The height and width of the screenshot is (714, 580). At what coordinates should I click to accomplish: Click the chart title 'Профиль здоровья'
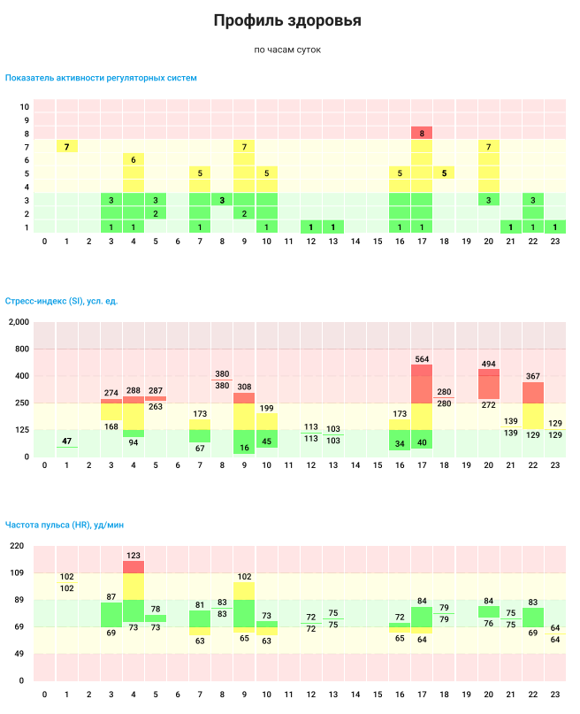pos(287,20)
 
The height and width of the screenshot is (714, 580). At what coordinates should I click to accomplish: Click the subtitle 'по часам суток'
pos(287,50)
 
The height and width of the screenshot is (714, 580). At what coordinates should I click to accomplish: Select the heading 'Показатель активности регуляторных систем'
pos(101,78)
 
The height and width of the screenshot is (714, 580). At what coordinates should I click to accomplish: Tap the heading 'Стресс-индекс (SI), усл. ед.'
pos(62,301)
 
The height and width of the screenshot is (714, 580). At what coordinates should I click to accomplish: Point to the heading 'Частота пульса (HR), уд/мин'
pos(65,525)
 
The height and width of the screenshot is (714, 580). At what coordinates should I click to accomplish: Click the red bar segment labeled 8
pos(422,133)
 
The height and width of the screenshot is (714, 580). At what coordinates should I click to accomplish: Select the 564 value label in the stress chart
pos(422,358)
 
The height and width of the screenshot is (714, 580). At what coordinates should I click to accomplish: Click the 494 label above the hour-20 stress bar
pos(488,363)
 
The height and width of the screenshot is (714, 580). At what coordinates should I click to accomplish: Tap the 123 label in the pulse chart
pos(134,556)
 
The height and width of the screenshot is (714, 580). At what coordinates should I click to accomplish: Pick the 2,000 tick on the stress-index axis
pos(18,322)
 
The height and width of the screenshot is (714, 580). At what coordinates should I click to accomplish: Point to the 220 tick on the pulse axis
pos(17,546)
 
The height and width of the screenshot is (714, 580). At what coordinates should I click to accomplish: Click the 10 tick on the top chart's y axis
pos(25,106)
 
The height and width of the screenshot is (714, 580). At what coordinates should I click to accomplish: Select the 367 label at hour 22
pos(532,376)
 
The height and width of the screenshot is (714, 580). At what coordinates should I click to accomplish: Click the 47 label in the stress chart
pos(67,441)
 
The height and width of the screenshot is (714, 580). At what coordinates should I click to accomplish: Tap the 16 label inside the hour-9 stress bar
pos(244,448)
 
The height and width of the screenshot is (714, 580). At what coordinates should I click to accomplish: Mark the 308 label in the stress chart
pos(244,387)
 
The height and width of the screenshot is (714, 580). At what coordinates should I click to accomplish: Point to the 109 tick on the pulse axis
pos(17,573)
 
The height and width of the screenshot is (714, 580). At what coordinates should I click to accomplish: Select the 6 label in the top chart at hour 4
pos(134,160)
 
